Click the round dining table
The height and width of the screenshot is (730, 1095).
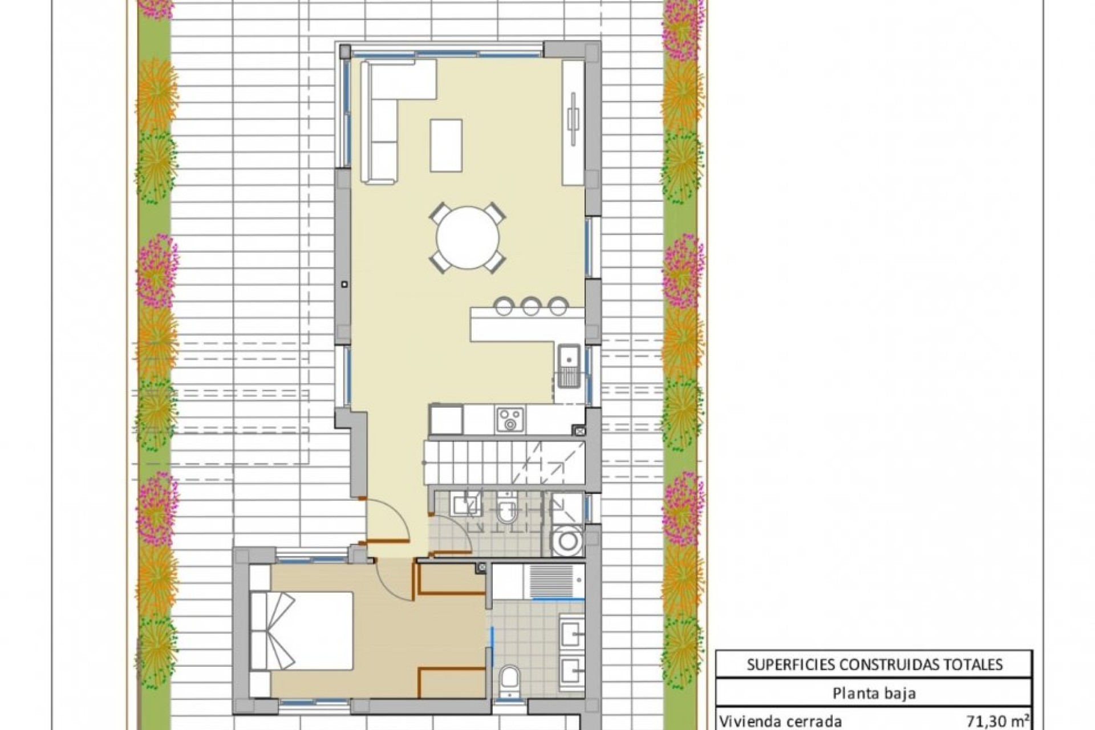pos(468,238)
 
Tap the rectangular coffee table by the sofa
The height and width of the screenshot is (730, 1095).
pos(446,145)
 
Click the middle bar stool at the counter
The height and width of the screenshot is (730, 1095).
pos(531,306)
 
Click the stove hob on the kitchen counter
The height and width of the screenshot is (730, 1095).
pos(510,419)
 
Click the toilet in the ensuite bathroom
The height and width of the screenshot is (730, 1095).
pos(509,682)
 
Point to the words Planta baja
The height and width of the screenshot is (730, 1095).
pos(874,693)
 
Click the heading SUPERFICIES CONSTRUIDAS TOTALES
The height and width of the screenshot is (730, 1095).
pos(874,664)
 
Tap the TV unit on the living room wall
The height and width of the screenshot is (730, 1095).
pos(573,123)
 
